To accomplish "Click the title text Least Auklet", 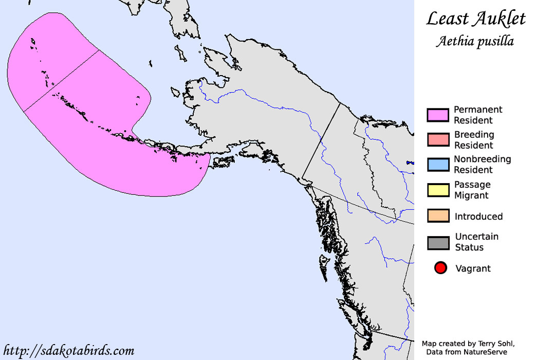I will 476,20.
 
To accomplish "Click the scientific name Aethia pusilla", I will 475,42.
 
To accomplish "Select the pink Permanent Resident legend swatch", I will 438,115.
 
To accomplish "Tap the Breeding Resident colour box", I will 438,140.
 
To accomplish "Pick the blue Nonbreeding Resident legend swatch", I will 438,165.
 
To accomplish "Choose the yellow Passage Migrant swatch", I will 438,190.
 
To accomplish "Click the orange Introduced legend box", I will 438,216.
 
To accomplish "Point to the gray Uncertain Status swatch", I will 438,242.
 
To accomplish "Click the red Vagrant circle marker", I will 440,268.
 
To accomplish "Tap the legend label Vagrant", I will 473,268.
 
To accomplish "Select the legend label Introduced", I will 478,217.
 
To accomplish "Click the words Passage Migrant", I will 472,190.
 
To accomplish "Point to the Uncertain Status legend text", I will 476,242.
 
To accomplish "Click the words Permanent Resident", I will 477,115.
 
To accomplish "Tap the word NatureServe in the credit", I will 489,352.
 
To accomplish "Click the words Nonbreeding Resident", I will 482,165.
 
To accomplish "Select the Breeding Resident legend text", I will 474,140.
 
